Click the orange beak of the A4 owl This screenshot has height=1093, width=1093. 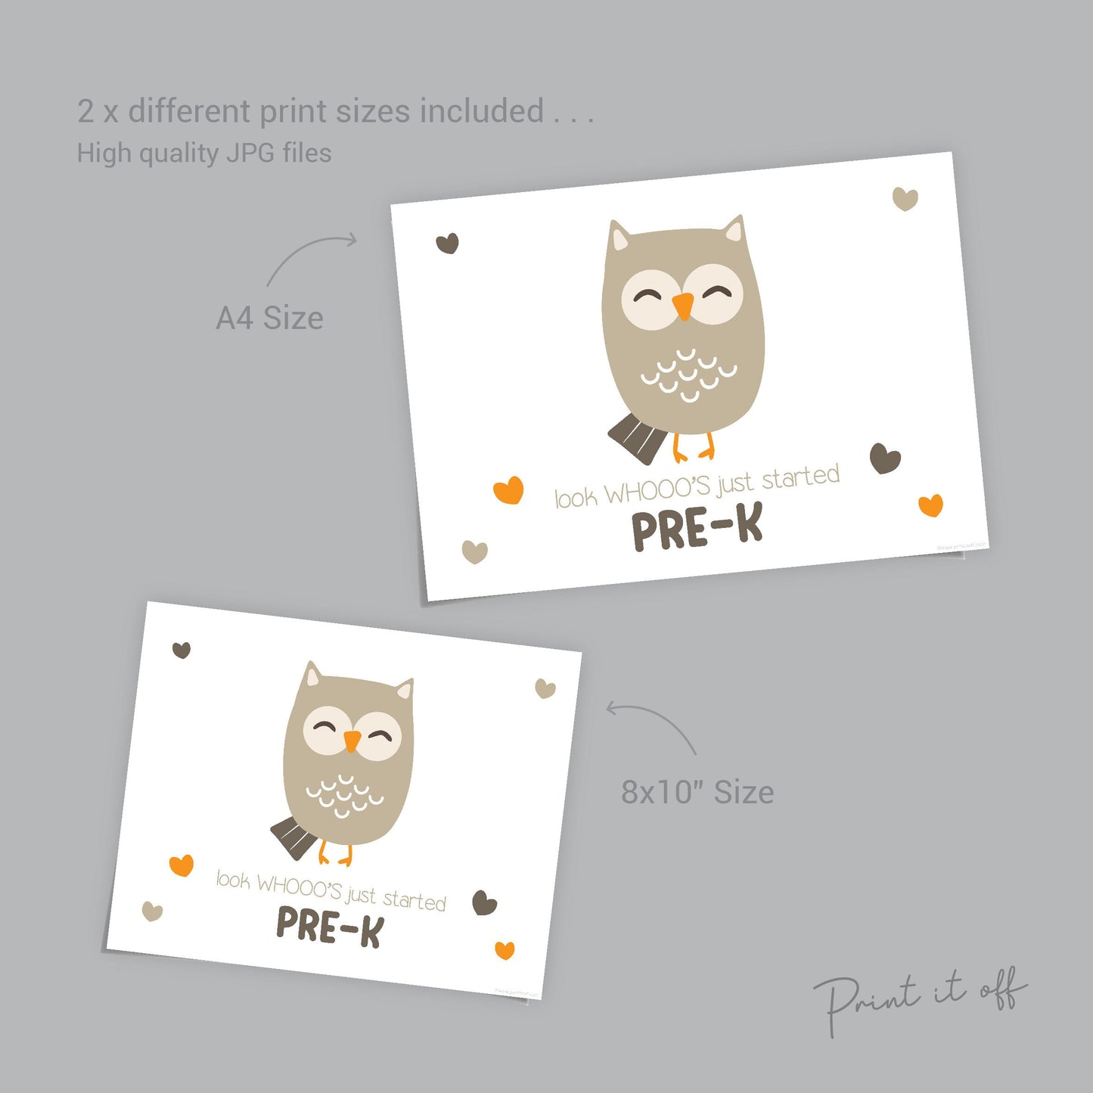pos(683,305)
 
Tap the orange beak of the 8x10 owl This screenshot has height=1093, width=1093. pos(352,741)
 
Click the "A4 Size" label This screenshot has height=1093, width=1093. pos(269,318)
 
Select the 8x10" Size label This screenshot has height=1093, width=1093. pos(697,792)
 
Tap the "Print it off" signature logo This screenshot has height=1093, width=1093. pos(919,999)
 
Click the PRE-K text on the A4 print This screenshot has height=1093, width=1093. pos(697,528)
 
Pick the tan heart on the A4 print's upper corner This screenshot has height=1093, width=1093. pos(905,198)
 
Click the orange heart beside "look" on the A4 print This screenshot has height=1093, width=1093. pos(508,489)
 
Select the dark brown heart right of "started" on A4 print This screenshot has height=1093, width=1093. pos(884,458)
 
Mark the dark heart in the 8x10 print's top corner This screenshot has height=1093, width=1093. pos(182,649)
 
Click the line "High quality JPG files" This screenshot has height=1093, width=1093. pos(204,153)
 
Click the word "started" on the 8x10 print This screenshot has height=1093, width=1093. pos(414,899)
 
